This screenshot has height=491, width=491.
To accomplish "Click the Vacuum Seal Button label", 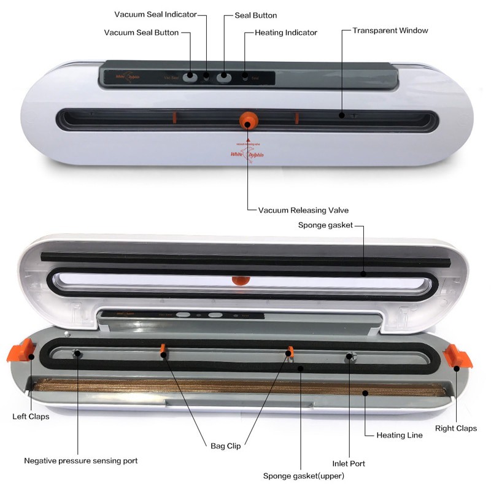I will coord(141,33).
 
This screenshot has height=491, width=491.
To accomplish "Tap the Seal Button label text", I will coord(255,15).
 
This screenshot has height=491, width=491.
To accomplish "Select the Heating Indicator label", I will coord(285,33).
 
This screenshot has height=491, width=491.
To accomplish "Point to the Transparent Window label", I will coord(390,30).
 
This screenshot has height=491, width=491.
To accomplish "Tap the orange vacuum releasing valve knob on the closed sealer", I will coord(247,118).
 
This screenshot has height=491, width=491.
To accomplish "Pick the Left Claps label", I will coord(31,416).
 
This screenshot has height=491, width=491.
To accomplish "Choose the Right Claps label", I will coord(455,428).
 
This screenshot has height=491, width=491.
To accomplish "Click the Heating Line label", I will coord(399,435).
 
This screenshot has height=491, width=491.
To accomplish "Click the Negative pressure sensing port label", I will coord(80,460).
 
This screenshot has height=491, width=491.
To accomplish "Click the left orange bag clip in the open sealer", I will coord(163,350).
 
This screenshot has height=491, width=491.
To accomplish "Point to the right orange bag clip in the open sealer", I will coord(291,352).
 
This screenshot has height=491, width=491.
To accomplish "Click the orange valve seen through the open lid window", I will coord(240,280).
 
